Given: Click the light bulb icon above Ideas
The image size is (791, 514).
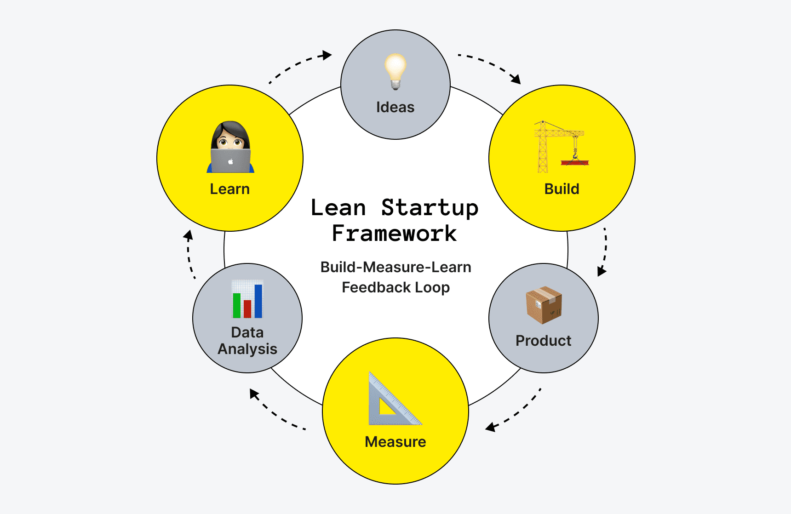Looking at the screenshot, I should click(x=395, y=71).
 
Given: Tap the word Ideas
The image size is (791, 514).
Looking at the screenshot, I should click(x=395, y=107).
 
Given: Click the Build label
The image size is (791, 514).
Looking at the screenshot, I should click(x=562, y=189).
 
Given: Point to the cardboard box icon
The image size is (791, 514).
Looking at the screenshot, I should click(x=544, y=305).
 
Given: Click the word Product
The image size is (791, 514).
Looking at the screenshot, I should click(x=543, y=341).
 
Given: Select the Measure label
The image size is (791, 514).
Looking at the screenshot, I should click(x=395, y=442).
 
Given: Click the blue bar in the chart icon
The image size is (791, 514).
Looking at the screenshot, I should click(x=258, y=301).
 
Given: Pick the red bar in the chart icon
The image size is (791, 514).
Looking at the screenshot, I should click(x=247, y=308).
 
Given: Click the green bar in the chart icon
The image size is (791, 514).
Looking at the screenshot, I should click(x=237, y=305).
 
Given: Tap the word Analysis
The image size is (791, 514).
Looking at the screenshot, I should click(x=247, y=349).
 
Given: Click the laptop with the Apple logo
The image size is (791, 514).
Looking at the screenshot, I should click(x=230, y=161).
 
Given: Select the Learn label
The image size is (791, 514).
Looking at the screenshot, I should click(x=229, y=189).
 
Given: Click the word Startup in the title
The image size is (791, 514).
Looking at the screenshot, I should click(x=430, y=208).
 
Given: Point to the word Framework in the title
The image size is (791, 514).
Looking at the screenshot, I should click(x=394, y=234).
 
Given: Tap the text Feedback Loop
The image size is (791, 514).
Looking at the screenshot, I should click(x=395, y=287).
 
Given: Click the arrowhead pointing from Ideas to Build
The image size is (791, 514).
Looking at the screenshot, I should click(x=516, y=79).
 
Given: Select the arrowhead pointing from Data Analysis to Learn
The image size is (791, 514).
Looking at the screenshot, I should click(x=188, y=235).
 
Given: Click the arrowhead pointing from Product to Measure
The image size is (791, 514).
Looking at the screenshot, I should click(x=491, y=427).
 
